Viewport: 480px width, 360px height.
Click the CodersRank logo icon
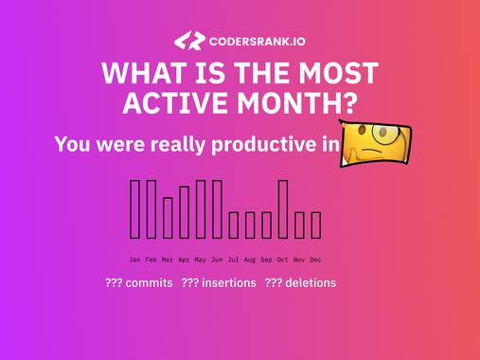(189, 40)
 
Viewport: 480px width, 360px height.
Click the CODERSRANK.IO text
(258, 41)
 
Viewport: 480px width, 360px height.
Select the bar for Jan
(135, 208)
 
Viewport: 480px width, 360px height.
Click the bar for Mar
(168, 217)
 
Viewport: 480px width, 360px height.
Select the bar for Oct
(283, 208)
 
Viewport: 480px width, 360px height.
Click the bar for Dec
(316, 225)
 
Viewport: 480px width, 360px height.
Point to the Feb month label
(151, 259)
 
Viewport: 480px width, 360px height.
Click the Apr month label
(184, 259)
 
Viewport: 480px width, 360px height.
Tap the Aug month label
(250, 259)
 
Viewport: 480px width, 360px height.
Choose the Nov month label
(299, 259)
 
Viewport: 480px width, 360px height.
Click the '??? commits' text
(138, 282)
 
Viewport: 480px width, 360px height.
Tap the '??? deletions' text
(300, 282)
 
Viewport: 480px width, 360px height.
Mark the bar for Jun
(217, 209)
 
